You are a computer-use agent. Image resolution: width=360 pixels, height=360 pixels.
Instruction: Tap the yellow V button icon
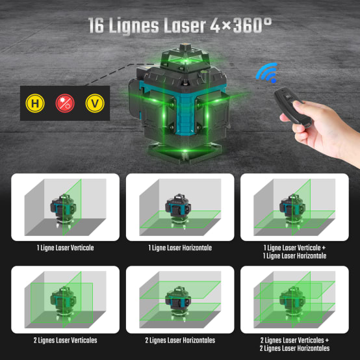(x=93, y=103)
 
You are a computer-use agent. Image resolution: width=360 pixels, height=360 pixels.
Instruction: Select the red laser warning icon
(x=64, y=103)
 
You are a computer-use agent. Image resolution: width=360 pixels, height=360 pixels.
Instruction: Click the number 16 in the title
(x=99, y=26)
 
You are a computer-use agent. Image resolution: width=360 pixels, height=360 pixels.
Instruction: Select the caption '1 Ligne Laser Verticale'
(x=66, y=248)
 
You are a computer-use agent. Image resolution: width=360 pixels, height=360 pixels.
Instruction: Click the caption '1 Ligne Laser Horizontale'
(x=179, y=248)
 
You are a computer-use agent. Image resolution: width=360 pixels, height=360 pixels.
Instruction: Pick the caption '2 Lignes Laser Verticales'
(x=66, y=340)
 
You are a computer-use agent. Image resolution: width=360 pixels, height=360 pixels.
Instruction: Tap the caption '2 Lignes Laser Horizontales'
(x=179, y=340)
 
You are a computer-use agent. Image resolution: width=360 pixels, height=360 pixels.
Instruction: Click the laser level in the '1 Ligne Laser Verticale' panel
(x=63, y=212)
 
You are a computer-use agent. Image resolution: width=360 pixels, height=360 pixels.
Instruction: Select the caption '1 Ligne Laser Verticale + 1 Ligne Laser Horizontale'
(x=294, y=251)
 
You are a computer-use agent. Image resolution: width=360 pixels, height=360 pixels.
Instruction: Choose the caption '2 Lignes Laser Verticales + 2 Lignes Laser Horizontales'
(x=294, y=344)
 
